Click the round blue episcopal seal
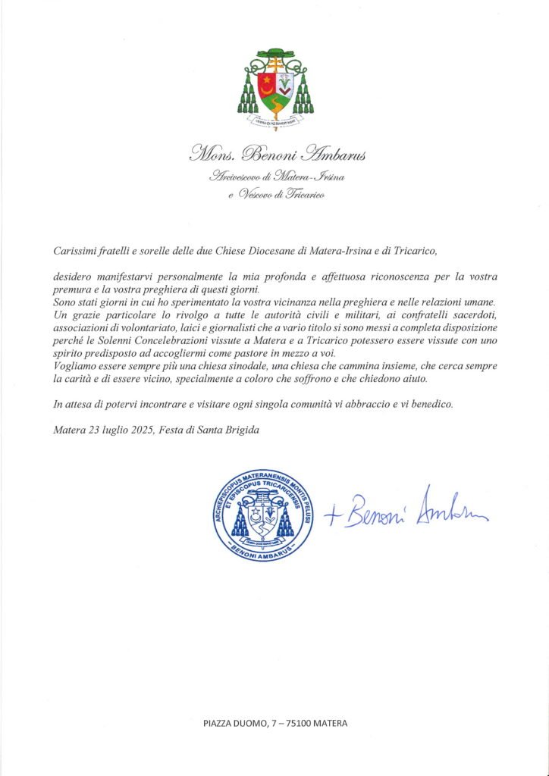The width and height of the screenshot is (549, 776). click(x=264, y=514)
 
